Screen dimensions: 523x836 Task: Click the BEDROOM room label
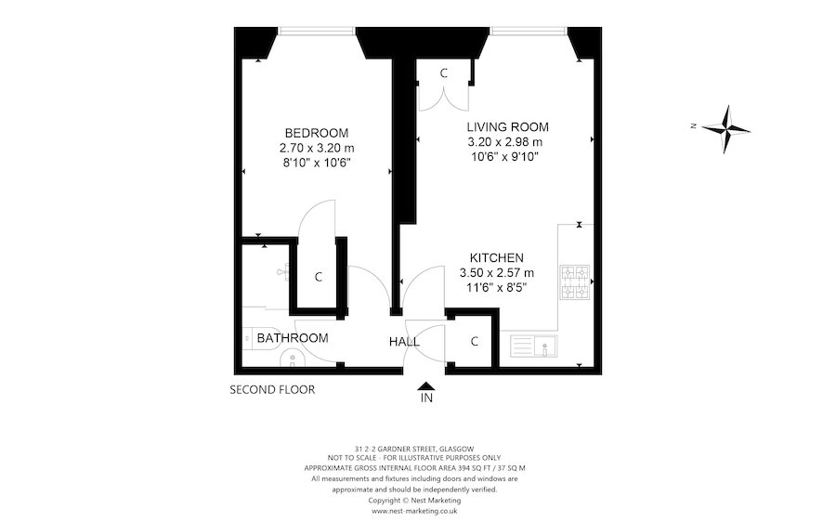(317, 132)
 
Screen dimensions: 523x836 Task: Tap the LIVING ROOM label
(507, 126)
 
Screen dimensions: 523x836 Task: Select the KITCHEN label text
(496, 257)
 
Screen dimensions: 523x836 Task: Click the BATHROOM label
(293, 338)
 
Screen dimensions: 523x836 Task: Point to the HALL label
(404, 342)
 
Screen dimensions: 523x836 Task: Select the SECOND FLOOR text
(272, 390)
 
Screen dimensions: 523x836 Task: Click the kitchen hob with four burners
(575, 283)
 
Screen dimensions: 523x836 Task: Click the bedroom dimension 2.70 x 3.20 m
(317, 148)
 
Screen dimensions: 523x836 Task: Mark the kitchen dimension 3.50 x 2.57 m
(496, 273)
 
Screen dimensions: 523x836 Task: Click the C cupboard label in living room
(444, 72)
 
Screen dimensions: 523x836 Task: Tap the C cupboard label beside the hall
(474, 342)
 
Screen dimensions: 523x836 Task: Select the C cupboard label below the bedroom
(318, 277)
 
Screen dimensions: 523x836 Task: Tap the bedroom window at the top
(316, 33)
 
